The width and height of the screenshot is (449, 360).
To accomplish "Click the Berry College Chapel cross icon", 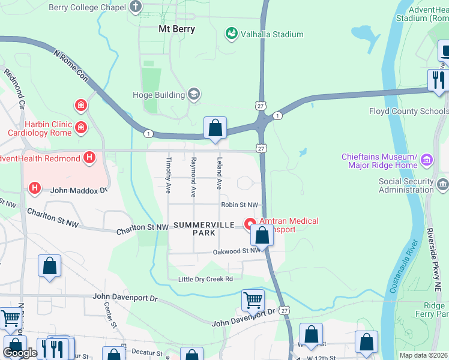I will [136, 7].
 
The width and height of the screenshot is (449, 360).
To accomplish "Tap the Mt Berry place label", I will [176, 29].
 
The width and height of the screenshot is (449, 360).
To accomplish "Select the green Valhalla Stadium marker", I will [231, 34].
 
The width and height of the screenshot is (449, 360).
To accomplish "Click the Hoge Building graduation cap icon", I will [193, 94].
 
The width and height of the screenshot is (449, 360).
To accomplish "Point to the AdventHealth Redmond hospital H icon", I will [89, 158].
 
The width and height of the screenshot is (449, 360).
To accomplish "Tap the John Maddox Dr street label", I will [78, 190].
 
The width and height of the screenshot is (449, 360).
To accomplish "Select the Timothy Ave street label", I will [168, 175].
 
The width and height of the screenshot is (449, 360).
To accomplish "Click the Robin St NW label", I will [239, 205].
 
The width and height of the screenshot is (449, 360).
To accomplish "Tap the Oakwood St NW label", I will [237, 252].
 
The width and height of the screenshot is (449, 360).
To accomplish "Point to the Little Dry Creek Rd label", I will [205, 280].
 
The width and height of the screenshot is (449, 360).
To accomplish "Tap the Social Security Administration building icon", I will [442, 182].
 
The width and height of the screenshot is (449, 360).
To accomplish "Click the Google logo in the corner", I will [20, 353].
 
